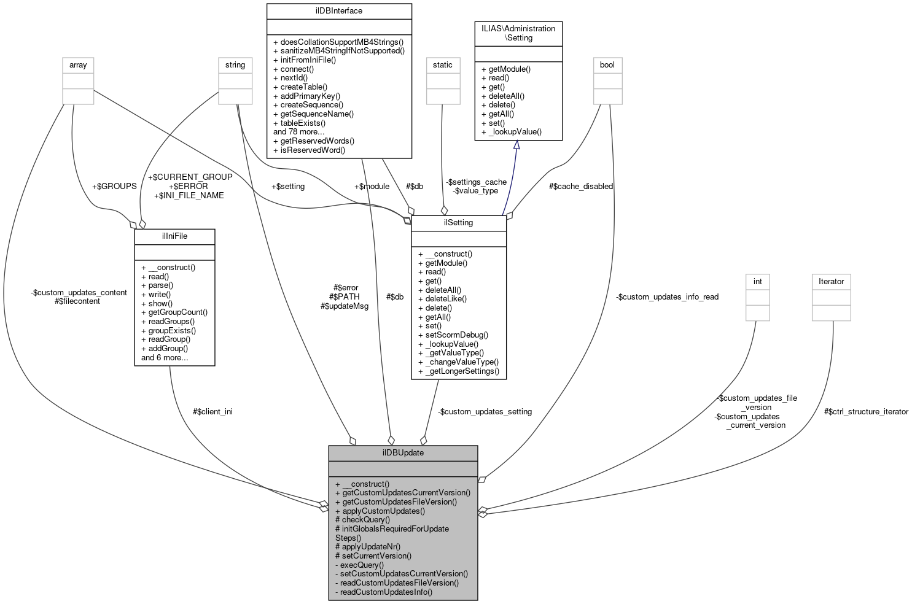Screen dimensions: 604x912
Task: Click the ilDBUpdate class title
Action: pyautogui.click(x=403, y=453)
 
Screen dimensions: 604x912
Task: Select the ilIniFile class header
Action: pyautogui.click(x=174, y=236)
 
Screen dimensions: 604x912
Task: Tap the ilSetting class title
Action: pyautogui.click(x=458, y=223)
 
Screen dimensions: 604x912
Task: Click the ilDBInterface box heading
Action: pyautogui.click(x=338, y=11)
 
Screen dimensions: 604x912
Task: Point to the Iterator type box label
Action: pyautogui.click(x=831, y=282)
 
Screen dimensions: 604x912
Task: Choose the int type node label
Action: pyautogui.click(x=757, y=282)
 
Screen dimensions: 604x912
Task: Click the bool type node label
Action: pyautogui.click(x=607, y=65)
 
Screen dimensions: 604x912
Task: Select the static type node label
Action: pyautogui.click(x=442, y=65)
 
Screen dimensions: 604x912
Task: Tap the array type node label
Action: pyautogui.click(x=78, y=65)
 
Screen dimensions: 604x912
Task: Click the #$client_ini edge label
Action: pyautogui.click(x=212, y=412)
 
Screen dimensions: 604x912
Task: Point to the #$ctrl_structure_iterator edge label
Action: pyautogui.click(x=866, y=412)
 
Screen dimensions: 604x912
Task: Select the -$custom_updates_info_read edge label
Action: pyautogui.click(x=667, y=297)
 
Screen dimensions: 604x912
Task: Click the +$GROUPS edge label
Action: pyautogui.click(x=114, y=187)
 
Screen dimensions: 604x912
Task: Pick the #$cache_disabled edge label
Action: pyautogui.click(x=580, y=187)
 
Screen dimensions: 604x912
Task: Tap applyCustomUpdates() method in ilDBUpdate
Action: pyautogui.click(x=380, y=511)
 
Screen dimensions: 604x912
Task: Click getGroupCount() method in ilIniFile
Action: pyautogui.click(x=174, y=312)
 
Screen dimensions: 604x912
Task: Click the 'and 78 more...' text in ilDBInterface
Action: pyautogui.click(x=299, y=132)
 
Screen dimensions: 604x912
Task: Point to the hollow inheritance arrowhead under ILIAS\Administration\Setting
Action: pyautogui.click(x=516, y=145)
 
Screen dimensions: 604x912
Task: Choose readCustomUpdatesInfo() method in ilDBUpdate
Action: pyautogui.click(x=383, y=592)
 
